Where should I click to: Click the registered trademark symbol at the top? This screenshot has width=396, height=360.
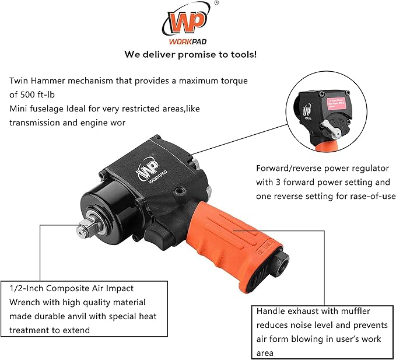coord(217,4)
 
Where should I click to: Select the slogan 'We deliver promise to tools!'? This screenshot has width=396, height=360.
coord(190,54)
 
